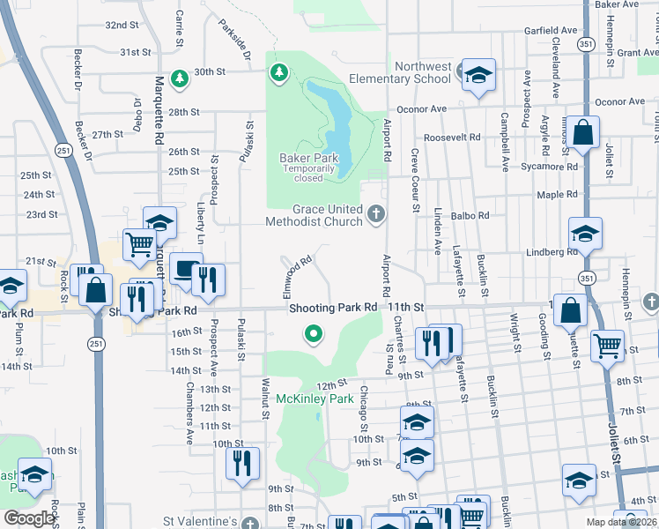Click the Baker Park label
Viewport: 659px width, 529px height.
[x=302, y=157]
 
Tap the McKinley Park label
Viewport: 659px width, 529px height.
[x=315, y=399]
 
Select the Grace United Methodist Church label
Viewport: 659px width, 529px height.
[x=314, y=215]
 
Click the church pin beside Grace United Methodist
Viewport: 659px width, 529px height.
[x=376, y=212]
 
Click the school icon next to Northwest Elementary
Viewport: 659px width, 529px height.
[x=478, y=76]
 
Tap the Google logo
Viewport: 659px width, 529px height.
[x=29, y=518]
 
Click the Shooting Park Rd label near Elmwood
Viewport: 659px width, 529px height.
[x=333, y=307]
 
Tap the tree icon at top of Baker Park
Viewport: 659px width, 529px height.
[x=279, y=71]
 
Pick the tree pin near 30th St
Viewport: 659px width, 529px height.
[x=180, y=78]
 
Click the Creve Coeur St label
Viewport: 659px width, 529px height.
[x=413, y=179]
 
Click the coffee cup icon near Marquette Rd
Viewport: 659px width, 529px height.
[x=186, y=269]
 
